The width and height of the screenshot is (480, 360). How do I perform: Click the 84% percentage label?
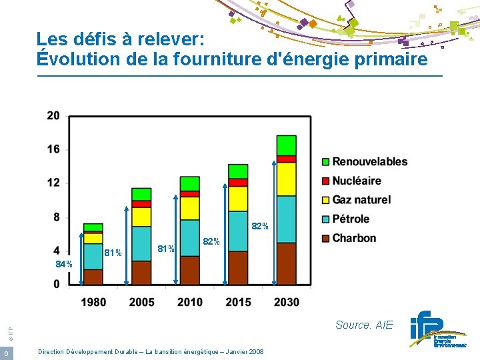[64, 265]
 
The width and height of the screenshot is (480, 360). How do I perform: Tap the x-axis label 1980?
[93, 303]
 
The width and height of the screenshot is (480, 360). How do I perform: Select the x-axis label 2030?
[286, 303]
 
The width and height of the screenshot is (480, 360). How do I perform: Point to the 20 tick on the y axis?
[53, 116]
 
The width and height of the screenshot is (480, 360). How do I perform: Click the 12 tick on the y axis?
[53, 183]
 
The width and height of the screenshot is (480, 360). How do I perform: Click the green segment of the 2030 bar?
[286, 145]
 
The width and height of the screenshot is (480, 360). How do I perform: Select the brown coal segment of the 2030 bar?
[286, 264]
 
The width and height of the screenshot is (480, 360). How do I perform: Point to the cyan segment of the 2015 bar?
[238, 231]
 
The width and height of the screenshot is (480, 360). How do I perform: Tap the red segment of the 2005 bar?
[141, 204]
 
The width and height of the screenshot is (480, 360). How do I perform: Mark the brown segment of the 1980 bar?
[93, 277]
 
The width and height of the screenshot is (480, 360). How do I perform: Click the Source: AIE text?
[364, 325]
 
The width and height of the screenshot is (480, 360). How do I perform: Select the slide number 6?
[5, 353]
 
